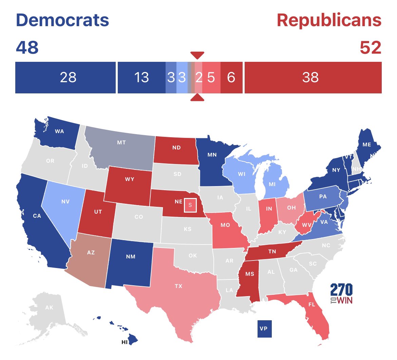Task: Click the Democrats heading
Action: (62, 20)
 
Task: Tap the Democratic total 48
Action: (27, 48)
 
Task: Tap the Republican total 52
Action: (371, 48)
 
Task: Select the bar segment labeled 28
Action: (65, 77)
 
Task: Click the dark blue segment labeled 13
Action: (141, 77)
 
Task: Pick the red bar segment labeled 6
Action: (231, 77)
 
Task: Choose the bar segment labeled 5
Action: (211, 77)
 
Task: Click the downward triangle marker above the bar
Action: (197, 55)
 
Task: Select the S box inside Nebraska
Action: (190, 205)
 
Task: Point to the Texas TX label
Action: (178, 286)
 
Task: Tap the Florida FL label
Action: (311, 304)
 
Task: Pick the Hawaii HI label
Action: (125, 342)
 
